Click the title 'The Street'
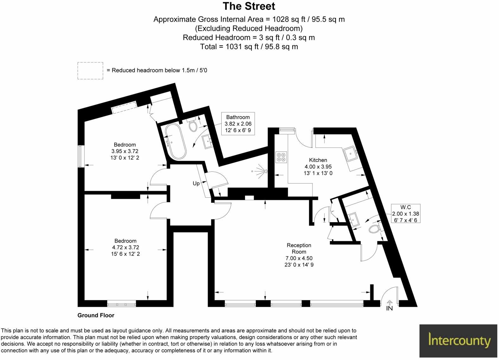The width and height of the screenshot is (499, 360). [x=249, y=6]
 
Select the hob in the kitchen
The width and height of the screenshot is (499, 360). [x=281, y=157]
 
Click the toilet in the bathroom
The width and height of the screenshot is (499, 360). [x=193, y=126]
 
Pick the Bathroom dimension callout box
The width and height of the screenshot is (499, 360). [x=238, y=124]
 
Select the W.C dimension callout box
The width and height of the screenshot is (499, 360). [x=405, y=213]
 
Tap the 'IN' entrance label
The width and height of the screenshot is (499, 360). [x=389, y=308]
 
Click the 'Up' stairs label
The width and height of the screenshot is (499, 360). [x=196, y=183]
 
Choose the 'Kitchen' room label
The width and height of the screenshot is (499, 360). [x=318, y=160]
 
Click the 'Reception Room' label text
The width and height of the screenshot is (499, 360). [x=299, y=248]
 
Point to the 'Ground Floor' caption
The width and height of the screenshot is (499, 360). [x=96, y=315]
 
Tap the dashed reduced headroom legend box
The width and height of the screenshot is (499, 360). [x=90, y=70]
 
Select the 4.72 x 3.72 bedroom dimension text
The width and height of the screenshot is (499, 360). [x=125, y=247]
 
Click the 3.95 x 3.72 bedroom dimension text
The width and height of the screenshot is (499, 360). [x=125, y=151]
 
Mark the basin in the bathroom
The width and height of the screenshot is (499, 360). [x=208, y=141]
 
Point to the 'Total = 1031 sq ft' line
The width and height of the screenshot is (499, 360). [x=249, y=47]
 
